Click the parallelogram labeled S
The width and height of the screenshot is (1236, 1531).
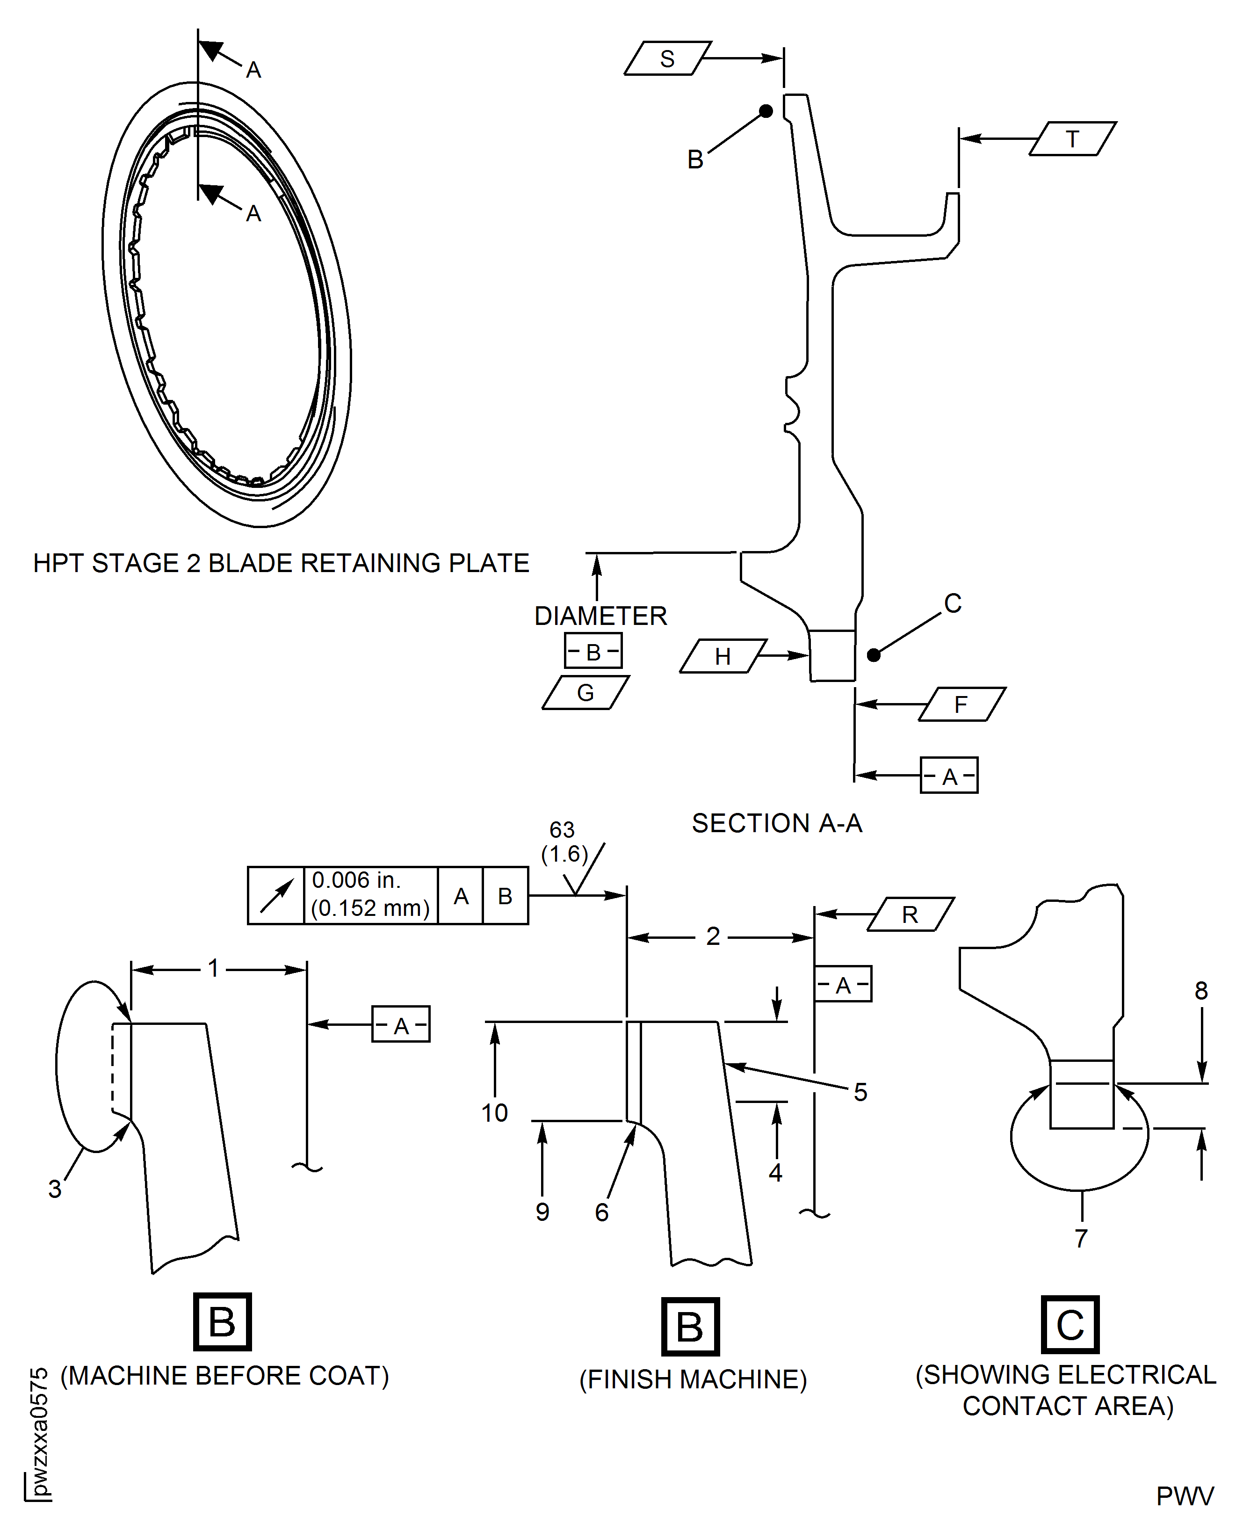click(667, 58)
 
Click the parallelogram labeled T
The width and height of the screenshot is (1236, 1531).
click(1072, 139)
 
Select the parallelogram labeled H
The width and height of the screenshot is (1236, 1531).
click(723, 656)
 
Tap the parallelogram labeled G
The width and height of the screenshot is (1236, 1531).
click(585, 692)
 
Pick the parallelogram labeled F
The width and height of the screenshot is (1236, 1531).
click(961, 704)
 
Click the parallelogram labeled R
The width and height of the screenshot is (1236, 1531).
click(910, 914)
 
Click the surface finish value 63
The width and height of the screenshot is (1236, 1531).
click(562, 830)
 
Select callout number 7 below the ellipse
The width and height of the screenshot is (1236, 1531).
click(1081, 1238)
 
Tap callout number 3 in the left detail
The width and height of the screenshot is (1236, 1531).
click(55, 1189)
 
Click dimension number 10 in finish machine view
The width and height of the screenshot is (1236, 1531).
click(494, 1113)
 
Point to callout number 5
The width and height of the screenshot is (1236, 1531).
click(860, 1092)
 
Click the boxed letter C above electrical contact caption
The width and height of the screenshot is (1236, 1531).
click(1070, 1325)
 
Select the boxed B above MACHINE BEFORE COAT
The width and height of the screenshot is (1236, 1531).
click(222, 1321)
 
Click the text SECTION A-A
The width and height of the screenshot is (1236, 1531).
click(777, 823)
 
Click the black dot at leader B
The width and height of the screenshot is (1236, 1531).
click(766, 111)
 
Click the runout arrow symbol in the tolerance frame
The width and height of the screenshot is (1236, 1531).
click(276, 896)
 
